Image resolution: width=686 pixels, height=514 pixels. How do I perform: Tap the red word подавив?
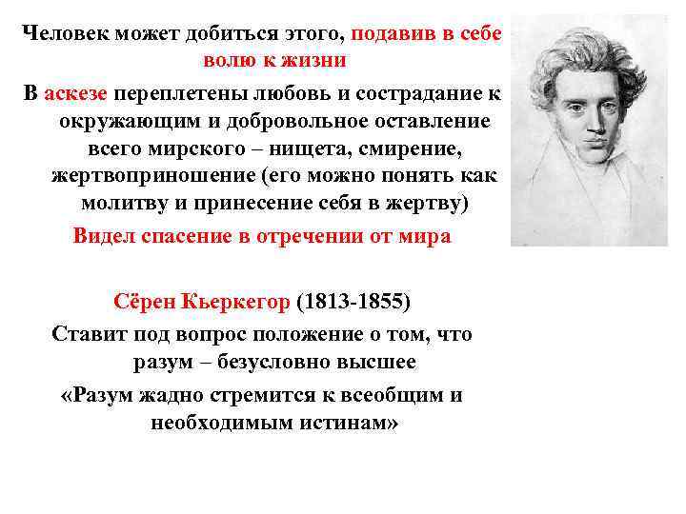pyautogui.click(x=390, y=33)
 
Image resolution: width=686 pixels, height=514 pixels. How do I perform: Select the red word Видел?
pyautogui.click(x=105, y=237)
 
